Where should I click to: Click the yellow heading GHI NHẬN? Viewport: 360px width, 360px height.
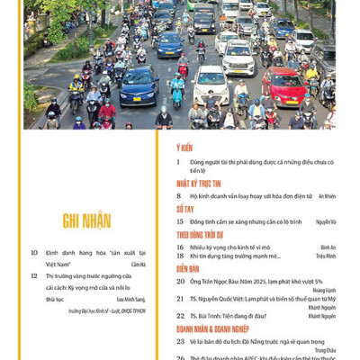tap(86, 220)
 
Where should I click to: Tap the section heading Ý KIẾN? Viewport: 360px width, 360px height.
tap(184, 147)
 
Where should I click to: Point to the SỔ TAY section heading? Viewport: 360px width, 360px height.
tap(184, 208)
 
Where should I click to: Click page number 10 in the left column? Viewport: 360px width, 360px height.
tap(33, 253)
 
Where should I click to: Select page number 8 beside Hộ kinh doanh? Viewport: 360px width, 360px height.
tap(180, 195)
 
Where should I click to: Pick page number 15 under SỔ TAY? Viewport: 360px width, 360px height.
tap(180, 220)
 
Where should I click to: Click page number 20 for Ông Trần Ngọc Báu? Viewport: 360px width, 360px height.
tap(180, 282)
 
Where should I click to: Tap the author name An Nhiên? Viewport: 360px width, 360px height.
tap(327, 195)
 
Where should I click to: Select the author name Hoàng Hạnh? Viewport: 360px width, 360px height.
tap(323, 291)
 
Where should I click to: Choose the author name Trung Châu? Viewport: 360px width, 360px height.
tap(323, 351)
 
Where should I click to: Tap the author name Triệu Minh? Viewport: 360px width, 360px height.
tap(326, 256)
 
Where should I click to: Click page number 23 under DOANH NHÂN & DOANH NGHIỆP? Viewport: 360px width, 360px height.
tap(180, 342)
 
